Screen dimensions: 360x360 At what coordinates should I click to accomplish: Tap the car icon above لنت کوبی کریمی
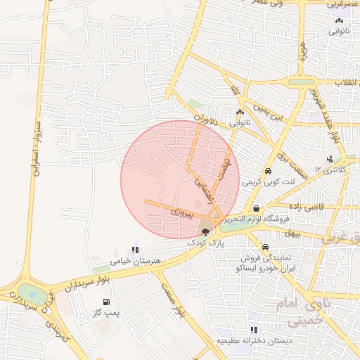point(269,171)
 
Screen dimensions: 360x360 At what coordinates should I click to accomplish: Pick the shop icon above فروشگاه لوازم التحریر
point(257,208)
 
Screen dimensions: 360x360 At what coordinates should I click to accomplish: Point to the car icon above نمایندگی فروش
point(265,247)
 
